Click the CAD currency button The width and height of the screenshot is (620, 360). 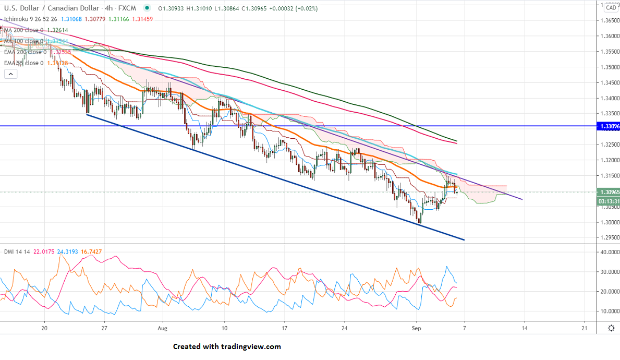tap(611, 7)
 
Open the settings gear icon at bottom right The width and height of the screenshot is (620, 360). tap(611, 328)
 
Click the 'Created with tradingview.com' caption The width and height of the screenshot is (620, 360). tap(227, 346)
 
